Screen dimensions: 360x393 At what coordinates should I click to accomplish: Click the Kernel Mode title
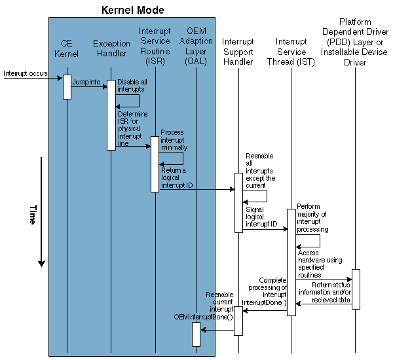click(x=132, y=10)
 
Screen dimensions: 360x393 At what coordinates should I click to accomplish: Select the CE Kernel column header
click(x=67, y=49)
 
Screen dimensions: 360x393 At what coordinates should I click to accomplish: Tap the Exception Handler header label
click(x=111, y=49)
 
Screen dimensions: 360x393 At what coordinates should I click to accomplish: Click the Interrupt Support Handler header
click(x=238, y=52)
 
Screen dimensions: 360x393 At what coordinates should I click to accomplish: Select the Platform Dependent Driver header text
click(x=356, y=45)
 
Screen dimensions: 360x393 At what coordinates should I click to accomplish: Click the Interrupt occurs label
click(x=25, y=73)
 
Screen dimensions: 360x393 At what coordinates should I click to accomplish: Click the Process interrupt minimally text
click(x=172, y=140)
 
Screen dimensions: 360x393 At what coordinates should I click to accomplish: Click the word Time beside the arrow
click(x=31, y=215)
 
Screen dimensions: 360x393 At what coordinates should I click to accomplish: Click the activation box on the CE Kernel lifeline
click(x=67, y=87)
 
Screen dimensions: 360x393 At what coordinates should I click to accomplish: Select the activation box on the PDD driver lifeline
click(x=356, y=289)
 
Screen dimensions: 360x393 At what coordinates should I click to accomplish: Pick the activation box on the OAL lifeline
click(x=196, y=334)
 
